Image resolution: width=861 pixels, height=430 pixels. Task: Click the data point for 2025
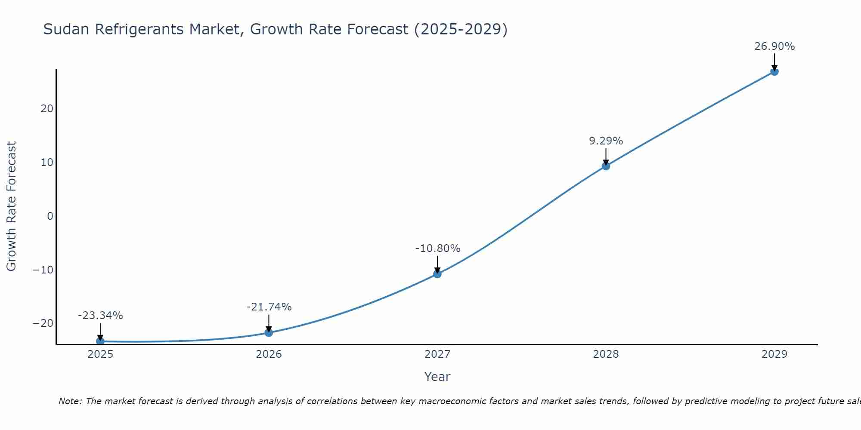[100, 341]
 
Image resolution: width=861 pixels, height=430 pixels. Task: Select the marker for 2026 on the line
[269, 332]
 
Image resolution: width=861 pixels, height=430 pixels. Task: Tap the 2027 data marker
[437, 273]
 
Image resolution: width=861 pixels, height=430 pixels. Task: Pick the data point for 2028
[606, 166]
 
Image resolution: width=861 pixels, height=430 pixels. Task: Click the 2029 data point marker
[774, 71]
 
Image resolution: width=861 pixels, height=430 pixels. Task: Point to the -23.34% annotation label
[100, 316]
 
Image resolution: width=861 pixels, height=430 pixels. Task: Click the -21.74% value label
[269, 307]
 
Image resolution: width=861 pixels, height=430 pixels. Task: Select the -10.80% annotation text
[438, 249]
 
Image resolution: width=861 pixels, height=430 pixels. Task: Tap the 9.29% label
[606, 141]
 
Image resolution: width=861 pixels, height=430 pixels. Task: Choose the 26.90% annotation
[774, 46]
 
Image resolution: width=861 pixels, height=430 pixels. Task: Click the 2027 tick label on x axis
[437, 354]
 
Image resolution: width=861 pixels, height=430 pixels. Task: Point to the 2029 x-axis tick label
[774, 354]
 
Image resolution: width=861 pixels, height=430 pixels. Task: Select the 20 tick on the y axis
[47, 109]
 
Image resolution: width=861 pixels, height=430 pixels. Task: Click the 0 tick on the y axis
[50, 216]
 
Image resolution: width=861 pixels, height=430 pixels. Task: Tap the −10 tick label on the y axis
[43, 270]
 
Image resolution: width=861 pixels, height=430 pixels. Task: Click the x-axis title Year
[437, 377]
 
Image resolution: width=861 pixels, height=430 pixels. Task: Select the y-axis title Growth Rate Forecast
[11, 206]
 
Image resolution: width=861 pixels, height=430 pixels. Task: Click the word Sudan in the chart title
[67, 29]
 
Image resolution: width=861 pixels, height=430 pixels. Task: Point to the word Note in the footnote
[69, 401]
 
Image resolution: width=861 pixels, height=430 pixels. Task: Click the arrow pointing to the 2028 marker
[606, 156]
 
